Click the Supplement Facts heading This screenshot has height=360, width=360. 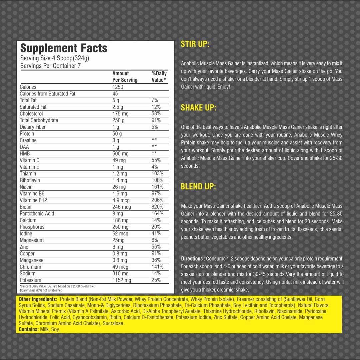[x=64, y=48]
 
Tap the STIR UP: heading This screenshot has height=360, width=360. [x=195, y=44]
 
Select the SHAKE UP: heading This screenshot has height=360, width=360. [x=198, y=108]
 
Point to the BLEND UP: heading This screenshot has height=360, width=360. [x=198, y=187]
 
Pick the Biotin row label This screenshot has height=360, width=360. [x=26, y=207]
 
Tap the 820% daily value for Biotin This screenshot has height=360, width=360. [x=157, y=207]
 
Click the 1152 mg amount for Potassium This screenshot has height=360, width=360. [x=122, y=280]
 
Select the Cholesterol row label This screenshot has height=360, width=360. [x=31, y=114]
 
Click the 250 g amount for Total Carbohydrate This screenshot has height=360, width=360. [x=118, y=120]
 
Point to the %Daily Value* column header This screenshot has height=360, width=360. [x=159, y=77]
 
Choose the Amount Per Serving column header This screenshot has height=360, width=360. [x=125, y=77]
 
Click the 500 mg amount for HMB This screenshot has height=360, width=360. [x=120, y=154]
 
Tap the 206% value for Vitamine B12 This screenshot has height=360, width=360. [x=157, y=200]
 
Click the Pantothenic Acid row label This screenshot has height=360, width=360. [x=37, y=214]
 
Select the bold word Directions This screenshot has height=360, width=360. [x=193, y=259]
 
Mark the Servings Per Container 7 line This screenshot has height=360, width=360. [x=50, y=66]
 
